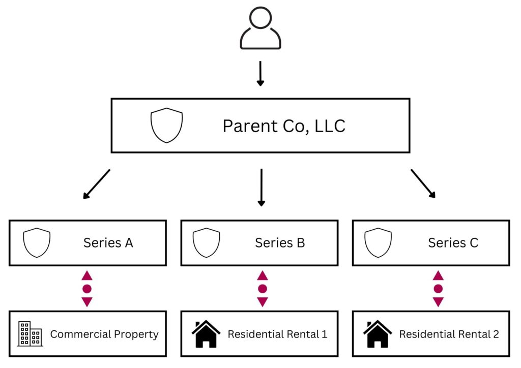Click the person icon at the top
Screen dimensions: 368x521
click(x=260, y=28)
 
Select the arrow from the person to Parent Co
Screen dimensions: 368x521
click(x=260, y=74)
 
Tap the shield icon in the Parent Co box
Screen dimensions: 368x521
click(x=166, y=125)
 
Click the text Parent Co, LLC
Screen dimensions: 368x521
click(x=284, y=126)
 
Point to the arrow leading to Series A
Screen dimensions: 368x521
click(x=97, y=183)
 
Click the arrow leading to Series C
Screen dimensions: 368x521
click(x=423, y=183)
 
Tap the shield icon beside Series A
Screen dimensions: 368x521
click(x=37, y=242)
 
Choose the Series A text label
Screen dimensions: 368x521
click(x=108, y=243)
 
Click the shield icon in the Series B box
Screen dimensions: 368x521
click(x=206, y=242)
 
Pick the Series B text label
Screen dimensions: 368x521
click(x=280, y=243)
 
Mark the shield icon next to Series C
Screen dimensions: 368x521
click(x=378, y=242)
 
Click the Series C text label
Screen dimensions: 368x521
click(x=453, y=243)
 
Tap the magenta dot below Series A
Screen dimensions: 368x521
click(x=87, y=289)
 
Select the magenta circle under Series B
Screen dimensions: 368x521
click(x=263, y=289)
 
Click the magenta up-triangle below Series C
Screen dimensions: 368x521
click(x=438, y=276)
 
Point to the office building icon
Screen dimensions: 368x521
click(x=30, y=334)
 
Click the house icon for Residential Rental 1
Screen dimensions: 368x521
click(x=206, y=333)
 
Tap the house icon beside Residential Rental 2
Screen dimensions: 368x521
click(x=377, y=333)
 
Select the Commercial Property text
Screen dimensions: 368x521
click(x=104, y=334)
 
